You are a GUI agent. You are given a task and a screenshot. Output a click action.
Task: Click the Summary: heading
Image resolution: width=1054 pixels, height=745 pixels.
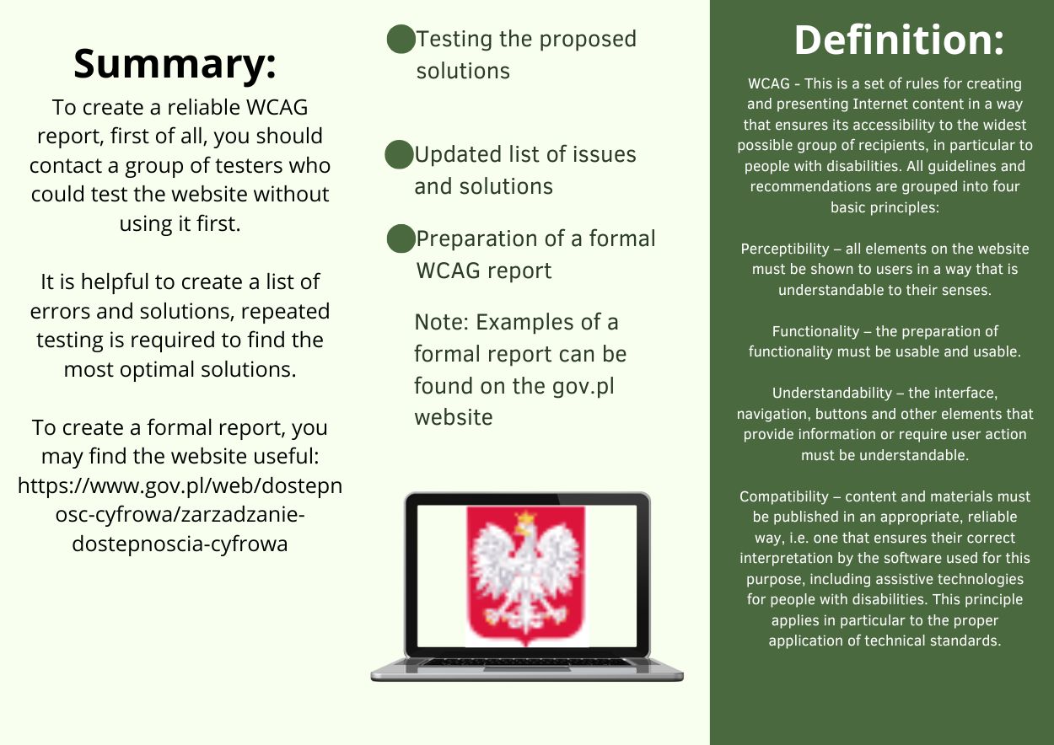175,64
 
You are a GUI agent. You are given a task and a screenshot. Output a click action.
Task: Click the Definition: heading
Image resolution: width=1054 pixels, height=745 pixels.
899,40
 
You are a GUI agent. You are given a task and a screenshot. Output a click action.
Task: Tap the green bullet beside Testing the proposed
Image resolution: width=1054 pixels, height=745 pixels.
401,39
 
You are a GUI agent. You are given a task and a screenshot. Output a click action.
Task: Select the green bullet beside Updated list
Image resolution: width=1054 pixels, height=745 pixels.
399,154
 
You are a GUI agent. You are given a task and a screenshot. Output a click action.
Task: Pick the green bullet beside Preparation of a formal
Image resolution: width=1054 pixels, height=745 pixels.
401,239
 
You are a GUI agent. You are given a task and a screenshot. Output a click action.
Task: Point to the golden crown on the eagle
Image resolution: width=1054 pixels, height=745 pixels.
525,518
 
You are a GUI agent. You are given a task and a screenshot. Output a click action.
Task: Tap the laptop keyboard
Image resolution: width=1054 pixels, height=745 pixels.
525,662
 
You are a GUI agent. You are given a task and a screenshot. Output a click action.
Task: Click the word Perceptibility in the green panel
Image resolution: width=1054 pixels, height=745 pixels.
785,249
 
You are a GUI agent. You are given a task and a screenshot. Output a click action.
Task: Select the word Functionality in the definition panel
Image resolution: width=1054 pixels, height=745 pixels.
816,331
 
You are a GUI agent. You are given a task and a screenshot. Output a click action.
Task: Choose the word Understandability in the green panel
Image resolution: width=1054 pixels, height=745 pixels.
832,394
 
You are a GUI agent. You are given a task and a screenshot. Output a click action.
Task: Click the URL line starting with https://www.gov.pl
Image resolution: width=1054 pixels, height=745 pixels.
180,485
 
